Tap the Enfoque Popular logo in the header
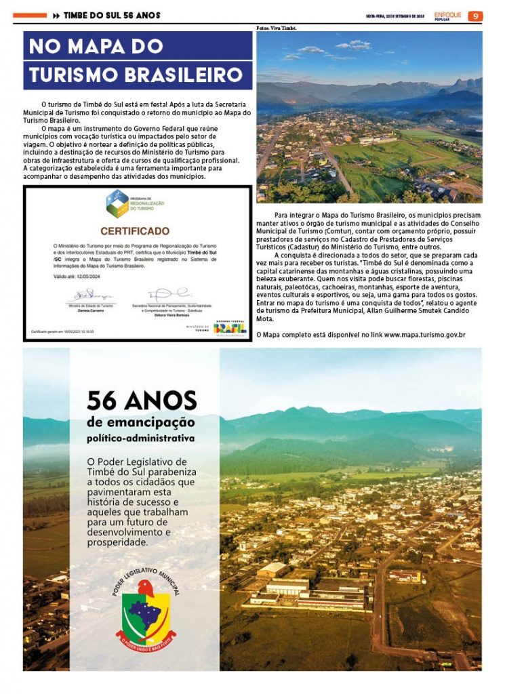tap(448, 16)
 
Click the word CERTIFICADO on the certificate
tap(135, 231)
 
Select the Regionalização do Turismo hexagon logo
tap(117, 203)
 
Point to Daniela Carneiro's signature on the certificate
tap(89, 295)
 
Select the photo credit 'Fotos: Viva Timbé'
tap(277, 28)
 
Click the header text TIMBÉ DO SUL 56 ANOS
tap(112, 16)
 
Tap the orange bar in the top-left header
tap(30, 15)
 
